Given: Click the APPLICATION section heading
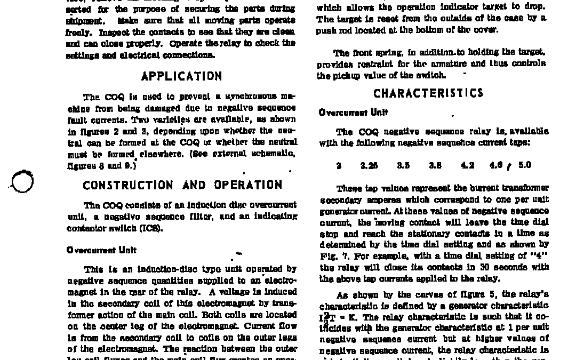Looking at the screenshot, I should tap(181, 76).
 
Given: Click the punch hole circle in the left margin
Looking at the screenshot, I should tap(22, 181).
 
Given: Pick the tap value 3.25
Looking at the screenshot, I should tap(369, 165).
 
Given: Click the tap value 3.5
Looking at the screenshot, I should tap(403, 165).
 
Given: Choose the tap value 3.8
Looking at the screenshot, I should tap(435, 165).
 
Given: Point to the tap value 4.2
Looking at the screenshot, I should tap(468, 165).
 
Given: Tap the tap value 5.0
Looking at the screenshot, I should tap(525, 165).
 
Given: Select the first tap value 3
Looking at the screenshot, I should tap(339, 165).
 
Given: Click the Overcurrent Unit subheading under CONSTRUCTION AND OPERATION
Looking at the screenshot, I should tap(101, 250).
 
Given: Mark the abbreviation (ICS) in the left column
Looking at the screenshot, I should tap(152, 229).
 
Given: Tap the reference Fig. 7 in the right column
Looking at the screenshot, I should tap(331, 256).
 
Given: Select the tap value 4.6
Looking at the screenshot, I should tap(497, 165).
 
